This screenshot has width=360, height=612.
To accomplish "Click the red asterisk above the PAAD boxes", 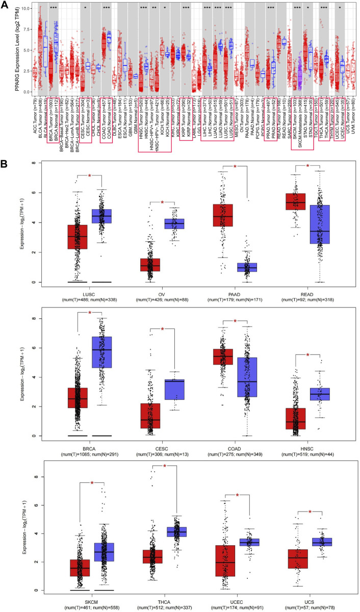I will coord(235,152).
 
